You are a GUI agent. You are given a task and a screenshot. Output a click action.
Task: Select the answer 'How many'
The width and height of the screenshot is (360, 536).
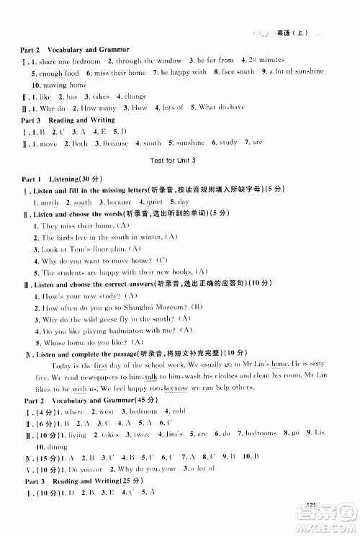(x=91, y=108)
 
